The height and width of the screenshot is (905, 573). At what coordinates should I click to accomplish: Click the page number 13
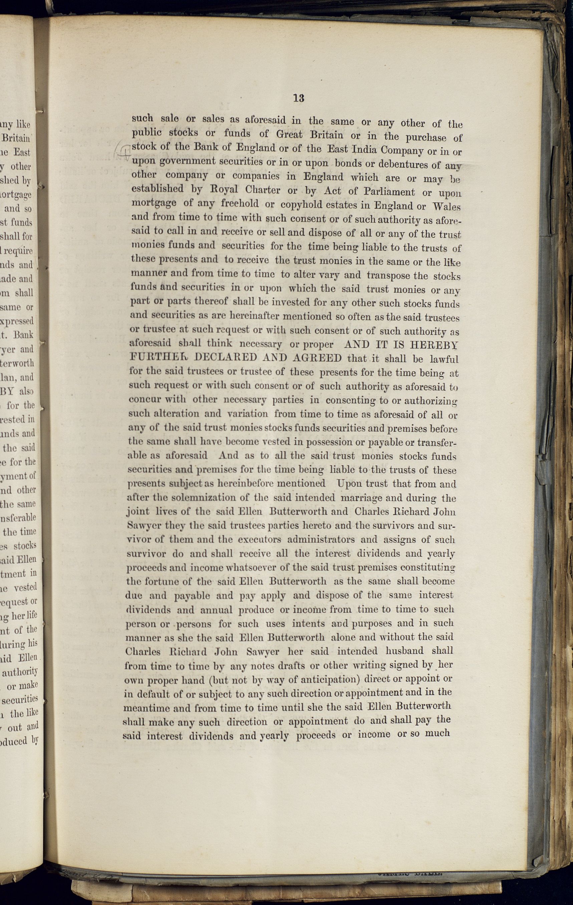298,98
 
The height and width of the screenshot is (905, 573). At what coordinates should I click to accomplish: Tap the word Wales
447,207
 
